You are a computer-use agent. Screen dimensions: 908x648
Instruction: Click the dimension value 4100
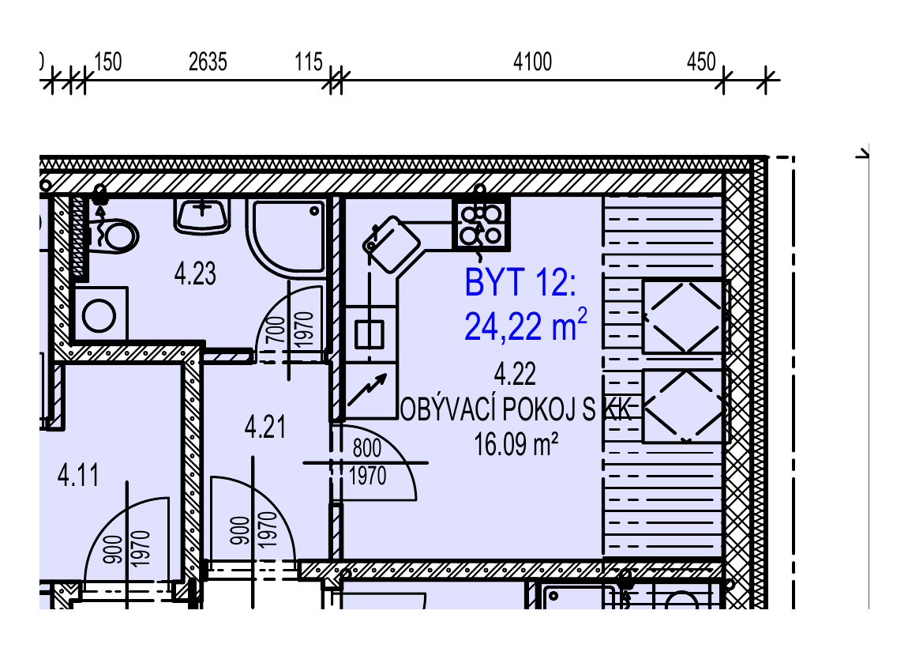click(532, 62)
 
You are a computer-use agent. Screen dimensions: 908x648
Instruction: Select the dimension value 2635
click(208, 62)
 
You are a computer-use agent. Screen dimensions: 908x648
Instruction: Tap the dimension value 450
click(701, 62)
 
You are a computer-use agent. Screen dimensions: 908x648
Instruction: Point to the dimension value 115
click(308, 62)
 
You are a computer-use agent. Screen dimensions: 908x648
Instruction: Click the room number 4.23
click(195, 273)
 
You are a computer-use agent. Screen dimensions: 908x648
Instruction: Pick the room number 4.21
click(265, 428)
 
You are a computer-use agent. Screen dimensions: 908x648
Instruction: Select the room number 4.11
click(78, 476)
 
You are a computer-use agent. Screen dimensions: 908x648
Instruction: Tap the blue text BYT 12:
click(520, 283)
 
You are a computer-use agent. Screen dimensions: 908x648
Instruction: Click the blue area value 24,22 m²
click(526, 325)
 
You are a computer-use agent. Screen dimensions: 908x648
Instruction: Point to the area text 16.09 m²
click(516, 445)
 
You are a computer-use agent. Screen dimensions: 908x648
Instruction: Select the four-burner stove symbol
click(481, 224)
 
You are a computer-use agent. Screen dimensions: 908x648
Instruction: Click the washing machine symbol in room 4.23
click(99, 315)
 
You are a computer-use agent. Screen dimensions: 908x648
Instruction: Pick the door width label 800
click(367, 448)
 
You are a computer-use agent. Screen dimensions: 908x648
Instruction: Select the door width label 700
click(277, 330)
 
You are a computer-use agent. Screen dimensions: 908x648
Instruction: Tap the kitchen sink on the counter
click(370, 334)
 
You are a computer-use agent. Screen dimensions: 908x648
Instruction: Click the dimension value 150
click(107, 62)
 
